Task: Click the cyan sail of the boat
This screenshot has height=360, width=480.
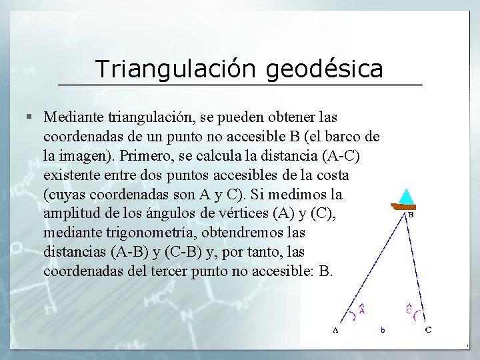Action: [406, 197]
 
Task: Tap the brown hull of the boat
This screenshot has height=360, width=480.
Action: [405, 207]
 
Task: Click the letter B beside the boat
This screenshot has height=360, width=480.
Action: [411, 215]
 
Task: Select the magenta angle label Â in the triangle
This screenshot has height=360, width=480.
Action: [362, 308]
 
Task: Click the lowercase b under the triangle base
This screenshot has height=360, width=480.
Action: [383, 329]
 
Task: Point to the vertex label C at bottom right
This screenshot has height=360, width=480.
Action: [428, 329]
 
